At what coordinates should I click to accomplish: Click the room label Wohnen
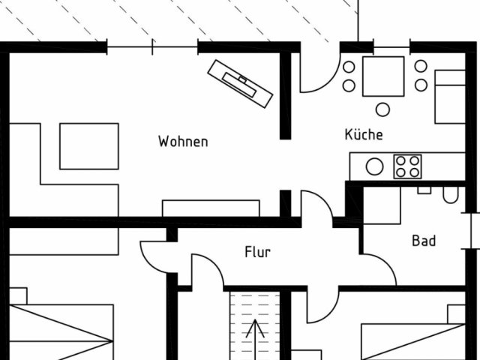182,141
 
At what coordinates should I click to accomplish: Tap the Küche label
364,135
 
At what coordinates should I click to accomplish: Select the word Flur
257,252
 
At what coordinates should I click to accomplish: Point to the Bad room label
424,241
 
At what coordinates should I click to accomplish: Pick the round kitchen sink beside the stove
373,166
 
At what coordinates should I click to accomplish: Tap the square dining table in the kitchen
383,77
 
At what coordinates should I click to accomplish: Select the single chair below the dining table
383,109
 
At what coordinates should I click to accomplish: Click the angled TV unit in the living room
240,80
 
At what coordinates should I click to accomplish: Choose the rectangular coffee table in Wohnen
89,146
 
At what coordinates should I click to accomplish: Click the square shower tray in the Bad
382,203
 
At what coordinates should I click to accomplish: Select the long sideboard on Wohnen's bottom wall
211,208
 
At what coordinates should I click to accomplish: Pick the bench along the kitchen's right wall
450,96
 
